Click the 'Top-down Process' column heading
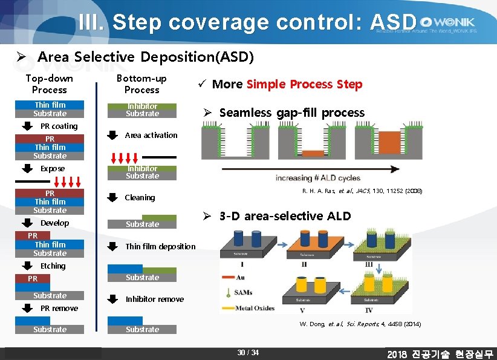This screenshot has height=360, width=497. [x=50, y=83]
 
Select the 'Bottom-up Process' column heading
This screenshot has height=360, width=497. [x=141, y=83]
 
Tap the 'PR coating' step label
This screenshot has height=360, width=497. [x=59, y=126]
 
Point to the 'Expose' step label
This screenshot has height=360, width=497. [x=52, y=168]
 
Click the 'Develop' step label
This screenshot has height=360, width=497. [x=54, y=223]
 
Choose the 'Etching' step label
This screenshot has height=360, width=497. [x=53, y=266]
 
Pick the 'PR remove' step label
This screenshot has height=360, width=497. [x=59, y=308]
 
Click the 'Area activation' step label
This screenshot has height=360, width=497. [x=151, y=135]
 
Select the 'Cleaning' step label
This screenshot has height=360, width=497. [x=140, y=197]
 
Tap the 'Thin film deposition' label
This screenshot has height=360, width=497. [x=160, y=246]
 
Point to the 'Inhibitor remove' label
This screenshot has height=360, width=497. [x=154, y=299]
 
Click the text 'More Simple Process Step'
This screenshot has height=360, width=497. [x=287, y=84]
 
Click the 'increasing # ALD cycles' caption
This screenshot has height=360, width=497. [x=317, y=178]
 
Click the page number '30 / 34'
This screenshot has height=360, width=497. [x=248, y=353]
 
